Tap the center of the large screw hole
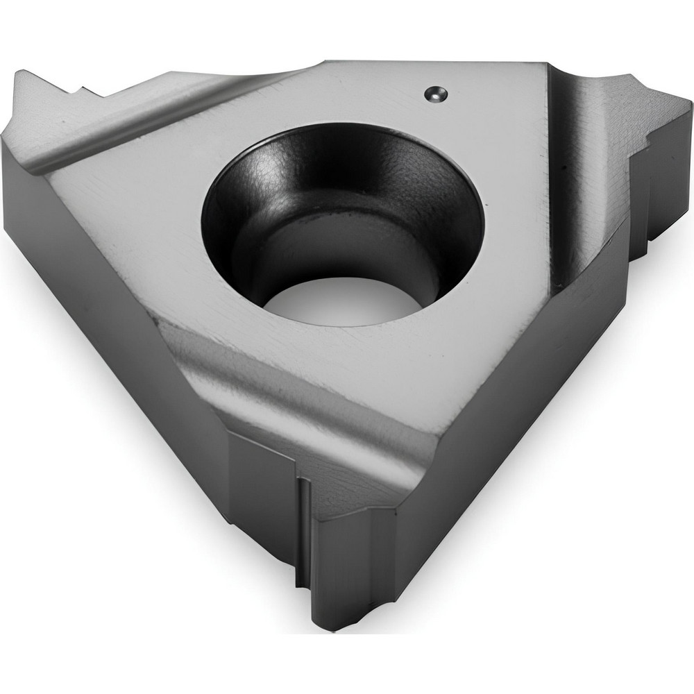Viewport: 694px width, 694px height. (x=342, y=222)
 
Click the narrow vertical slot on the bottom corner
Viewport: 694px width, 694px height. (x=303, y=527)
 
